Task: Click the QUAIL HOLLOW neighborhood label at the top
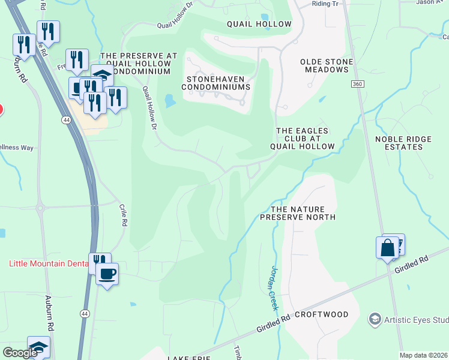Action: tap(259, 25)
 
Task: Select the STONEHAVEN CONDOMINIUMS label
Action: tap(217, 83)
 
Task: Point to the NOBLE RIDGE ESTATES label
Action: tap(403, 143)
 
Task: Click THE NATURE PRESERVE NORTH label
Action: tap(297, 212)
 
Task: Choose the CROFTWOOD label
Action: tap(322, 314)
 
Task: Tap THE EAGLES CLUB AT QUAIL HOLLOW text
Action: tap(305, 139)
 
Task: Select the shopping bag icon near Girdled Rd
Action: tap(387, 247)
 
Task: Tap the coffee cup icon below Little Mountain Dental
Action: tap(107, 274)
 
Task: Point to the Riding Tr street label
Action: tap(325, 4)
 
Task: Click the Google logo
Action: tap(20, 353)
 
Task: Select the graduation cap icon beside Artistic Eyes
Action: tap(375, 318)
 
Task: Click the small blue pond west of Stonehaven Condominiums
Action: tap(170, 101)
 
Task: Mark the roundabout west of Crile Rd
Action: tap(41, 209)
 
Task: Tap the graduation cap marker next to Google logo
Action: tap(38, 347)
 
